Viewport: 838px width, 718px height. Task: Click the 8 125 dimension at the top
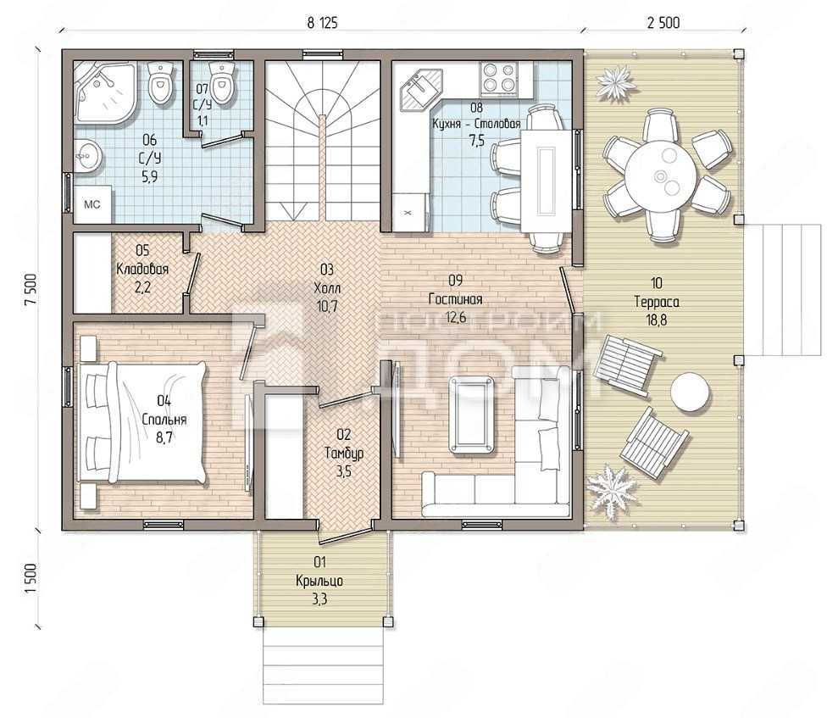tap(322, 22)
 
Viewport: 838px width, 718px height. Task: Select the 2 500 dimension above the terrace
tap(663, 22)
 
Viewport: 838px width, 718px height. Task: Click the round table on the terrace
tap(662, 174)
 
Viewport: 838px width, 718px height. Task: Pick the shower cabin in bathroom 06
tap(105, 92)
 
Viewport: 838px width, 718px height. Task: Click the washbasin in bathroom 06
tap(86, 156)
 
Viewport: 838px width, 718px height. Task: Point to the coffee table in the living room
tap(472, 415)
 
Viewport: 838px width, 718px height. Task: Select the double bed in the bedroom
tap(142, 422)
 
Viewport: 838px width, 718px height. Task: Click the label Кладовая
tap(142, 269)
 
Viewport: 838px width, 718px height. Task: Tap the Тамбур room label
tap(344, 454)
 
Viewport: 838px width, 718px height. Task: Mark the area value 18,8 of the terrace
tap(657, 320)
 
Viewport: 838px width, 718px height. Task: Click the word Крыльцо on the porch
tap(319, 581)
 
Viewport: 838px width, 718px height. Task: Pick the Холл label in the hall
tap(327, 288)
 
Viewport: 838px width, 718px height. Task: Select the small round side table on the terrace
tap(691, 392)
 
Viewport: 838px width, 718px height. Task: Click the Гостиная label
tap(455, 299)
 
